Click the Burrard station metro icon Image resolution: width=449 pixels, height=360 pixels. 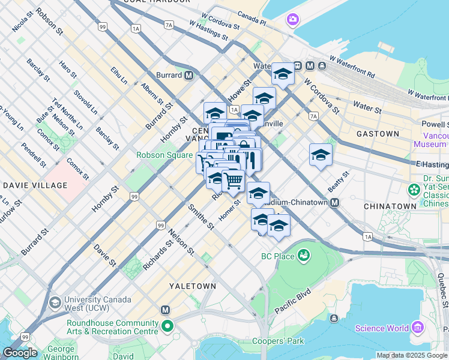[188, 76]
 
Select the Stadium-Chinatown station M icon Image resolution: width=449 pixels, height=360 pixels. [334, 203]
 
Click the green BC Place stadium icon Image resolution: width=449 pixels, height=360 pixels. [304, 256]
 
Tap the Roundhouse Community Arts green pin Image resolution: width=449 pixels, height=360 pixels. [167, 327]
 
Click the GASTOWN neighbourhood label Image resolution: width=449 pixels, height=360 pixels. [378, 134]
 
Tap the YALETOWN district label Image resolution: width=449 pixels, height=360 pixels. [192, 286]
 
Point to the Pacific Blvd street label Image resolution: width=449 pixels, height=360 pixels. [293, 301]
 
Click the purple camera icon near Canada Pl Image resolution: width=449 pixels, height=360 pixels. [292, 20]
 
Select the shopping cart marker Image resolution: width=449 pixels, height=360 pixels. [233, 179]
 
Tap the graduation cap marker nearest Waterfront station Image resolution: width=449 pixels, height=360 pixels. [283, 74]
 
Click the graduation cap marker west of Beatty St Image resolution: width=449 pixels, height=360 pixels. [321, 155]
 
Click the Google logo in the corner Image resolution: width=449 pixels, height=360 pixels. [19, 353]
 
